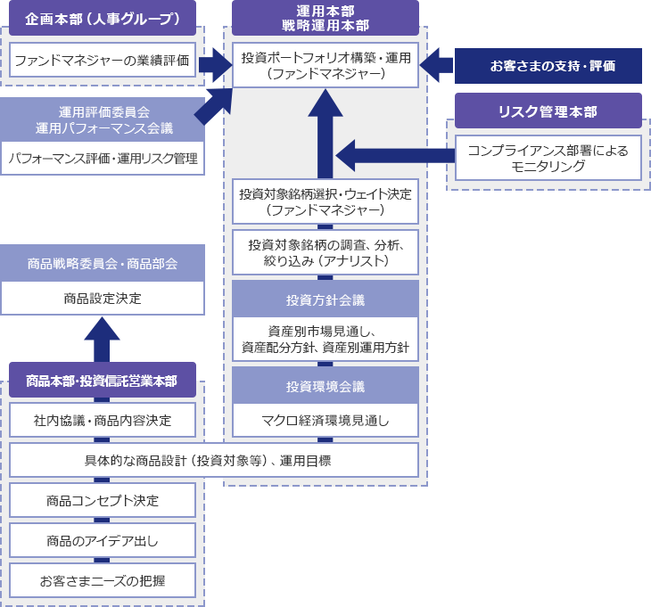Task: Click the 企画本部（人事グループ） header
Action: (103, 18)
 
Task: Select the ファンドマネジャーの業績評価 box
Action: (103, 62)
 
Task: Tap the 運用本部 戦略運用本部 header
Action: (325, 18)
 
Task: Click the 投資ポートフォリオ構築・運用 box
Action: (325, 65)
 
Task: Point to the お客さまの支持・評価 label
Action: (548, 66)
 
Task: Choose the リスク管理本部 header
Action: (548, 111)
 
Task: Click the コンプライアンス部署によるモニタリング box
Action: (548, 158)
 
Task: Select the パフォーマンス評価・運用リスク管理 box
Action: (103, 159)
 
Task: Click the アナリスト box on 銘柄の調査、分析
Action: (325, 252)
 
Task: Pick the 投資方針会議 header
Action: (325, 299)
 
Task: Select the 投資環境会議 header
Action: (325, 387)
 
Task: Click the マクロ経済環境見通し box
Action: (325, 419)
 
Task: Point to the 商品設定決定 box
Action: (103, 299)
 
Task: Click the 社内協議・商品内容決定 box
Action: (103, 419)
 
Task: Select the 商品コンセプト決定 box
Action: (103, 500)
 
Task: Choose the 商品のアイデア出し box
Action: (103, 540)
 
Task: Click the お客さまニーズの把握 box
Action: (103, 581)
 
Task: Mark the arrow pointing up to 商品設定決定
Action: (103, 339)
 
